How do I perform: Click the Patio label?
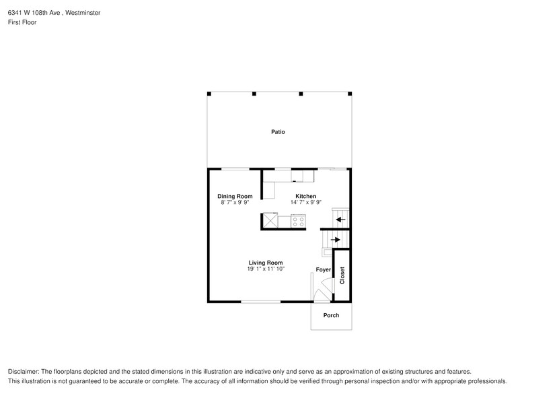(x=278, y=132)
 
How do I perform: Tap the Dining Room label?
(x=234, y=196)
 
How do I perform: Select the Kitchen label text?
(x=306, y=196)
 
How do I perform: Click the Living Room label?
(x=266, y=263)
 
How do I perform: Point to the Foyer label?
(x=324, y=269)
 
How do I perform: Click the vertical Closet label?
(x=342, y=275)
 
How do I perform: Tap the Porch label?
(x=331, y=315)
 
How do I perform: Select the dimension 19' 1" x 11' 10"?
(x=266, y=269)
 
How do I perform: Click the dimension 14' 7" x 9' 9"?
(x=306, y=202)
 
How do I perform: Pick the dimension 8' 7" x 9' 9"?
(x=234, y=202)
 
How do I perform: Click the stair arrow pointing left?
(x=340, y=219)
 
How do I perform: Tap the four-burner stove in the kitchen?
(x=298, y=220)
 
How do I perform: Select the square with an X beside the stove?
(x=270, y=220)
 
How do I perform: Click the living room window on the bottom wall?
(x=261, y=302)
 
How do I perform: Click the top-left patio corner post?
(x=209, y=94)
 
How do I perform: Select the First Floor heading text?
(x=22, y=22)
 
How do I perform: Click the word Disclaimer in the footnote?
(x=24, y=372)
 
